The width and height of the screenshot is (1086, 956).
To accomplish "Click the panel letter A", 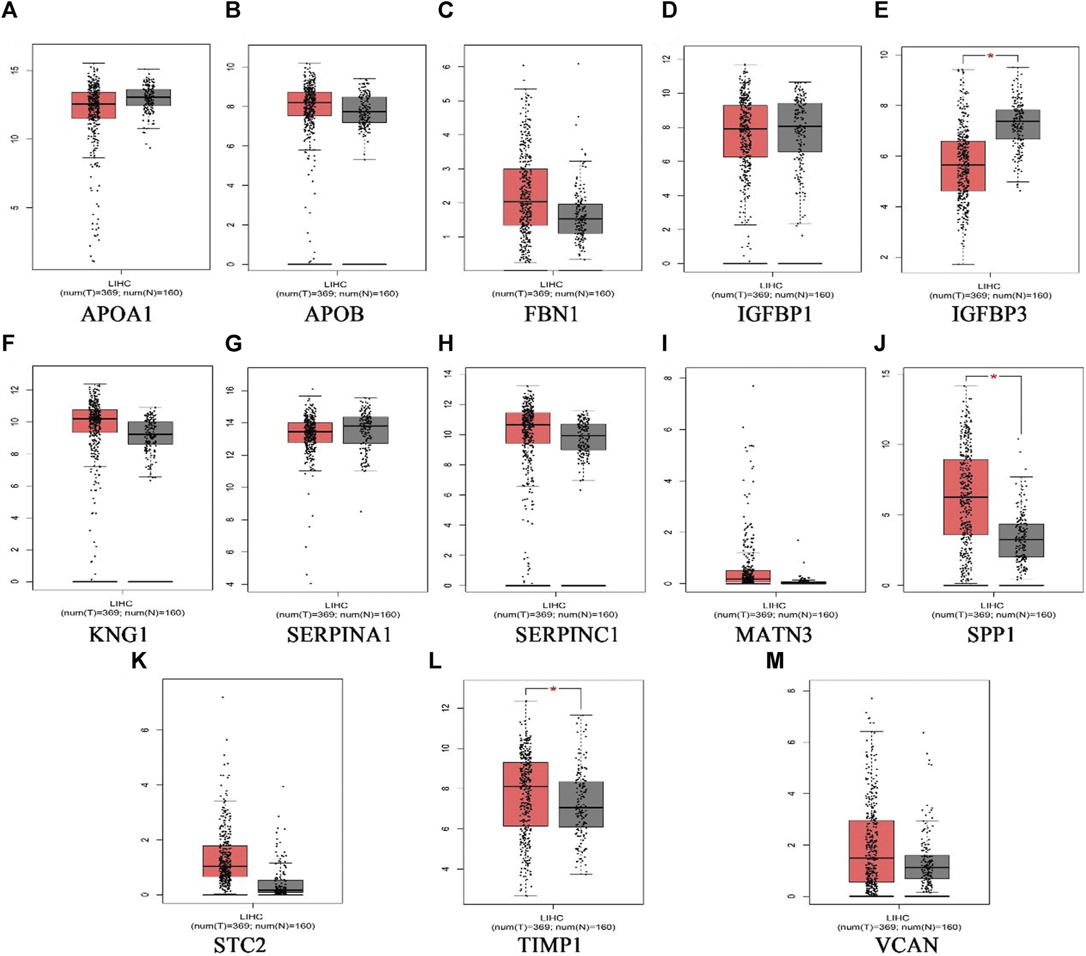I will (9, 10).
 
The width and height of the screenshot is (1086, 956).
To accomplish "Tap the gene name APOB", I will (335, 314).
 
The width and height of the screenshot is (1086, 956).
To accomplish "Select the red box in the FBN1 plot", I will (525, 197).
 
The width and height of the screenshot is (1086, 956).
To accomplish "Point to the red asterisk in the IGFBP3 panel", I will (990, 56).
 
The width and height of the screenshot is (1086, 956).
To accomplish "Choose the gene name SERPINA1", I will (338, 635).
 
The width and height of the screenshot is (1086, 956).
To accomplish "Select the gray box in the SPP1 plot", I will (1021, 540).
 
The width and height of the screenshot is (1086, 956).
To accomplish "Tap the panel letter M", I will (775, 661).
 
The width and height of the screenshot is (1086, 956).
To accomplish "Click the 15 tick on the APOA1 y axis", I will (15, 70).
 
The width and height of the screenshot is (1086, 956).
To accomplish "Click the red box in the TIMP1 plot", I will (525, 794).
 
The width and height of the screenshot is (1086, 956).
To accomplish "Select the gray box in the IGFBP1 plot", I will (800, 127).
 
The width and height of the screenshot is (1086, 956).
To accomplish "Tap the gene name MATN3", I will (773, 635).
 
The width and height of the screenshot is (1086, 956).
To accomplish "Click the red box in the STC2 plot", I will (224, 861).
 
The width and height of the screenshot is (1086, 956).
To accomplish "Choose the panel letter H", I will (446, 344).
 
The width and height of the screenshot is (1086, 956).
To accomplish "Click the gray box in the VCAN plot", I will (927, 867).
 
